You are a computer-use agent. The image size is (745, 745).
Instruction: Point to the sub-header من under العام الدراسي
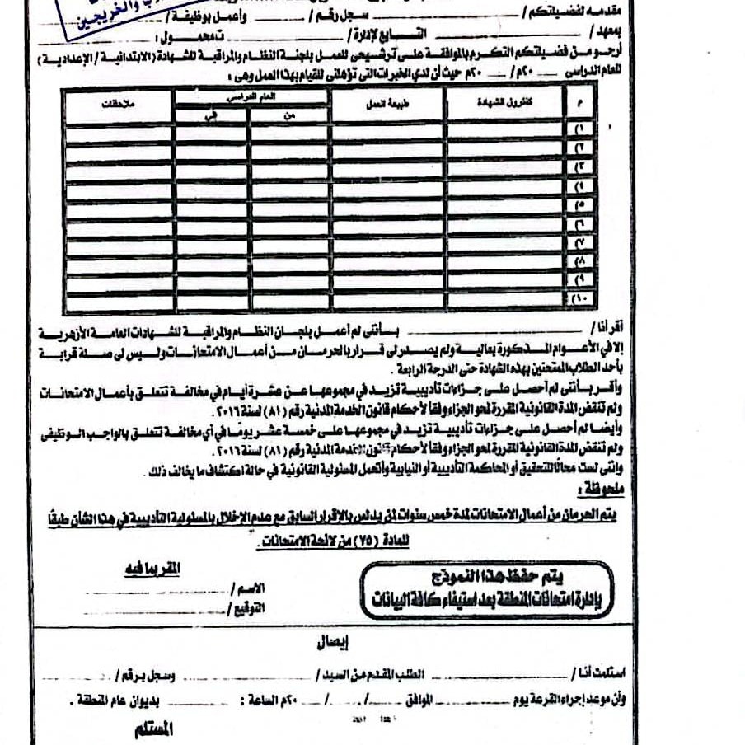click(288, 116)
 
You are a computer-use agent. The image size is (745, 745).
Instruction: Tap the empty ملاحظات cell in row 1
click(119, 132)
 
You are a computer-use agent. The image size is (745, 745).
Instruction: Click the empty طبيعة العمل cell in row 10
click(387, 298)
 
